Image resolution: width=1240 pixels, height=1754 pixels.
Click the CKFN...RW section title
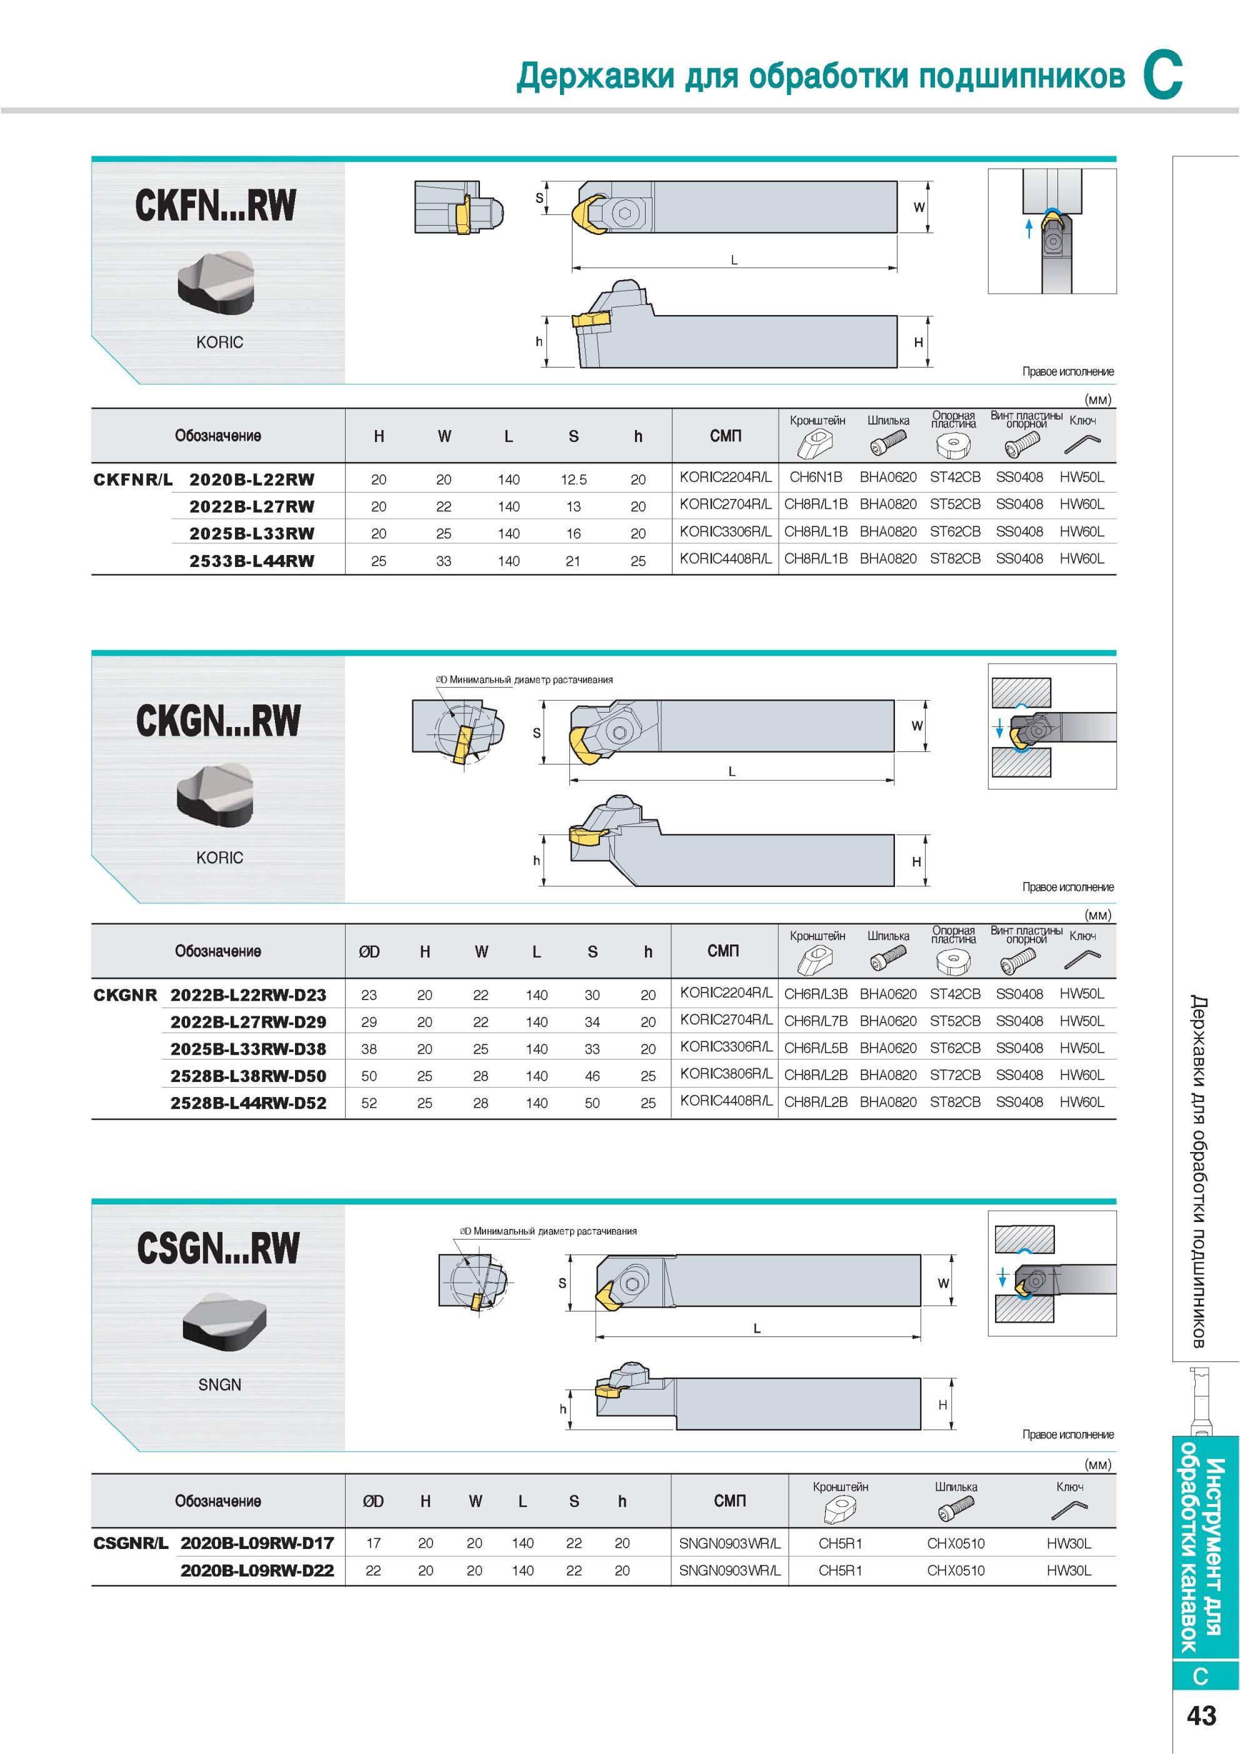click(216, 206)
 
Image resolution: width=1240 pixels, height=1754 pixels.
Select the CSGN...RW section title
click(219, 1248)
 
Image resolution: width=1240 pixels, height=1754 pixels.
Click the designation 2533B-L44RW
click(252, 561)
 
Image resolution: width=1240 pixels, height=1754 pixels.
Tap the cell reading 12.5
click(573, 479)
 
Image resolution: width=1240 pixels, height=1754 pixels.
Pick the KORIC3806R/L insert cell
click(726, 1074)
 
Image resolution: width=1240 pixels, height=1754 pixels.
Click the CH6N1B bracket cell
click(816, 478)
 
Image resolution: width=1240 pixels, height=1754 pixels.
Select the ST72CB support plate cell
click(955, 1075)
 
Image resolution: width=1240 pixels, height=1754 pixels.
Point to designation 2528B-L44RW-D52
click(248, 1103)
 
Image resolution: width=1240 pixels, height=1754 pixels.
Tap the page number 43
click(1201, 1716)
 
